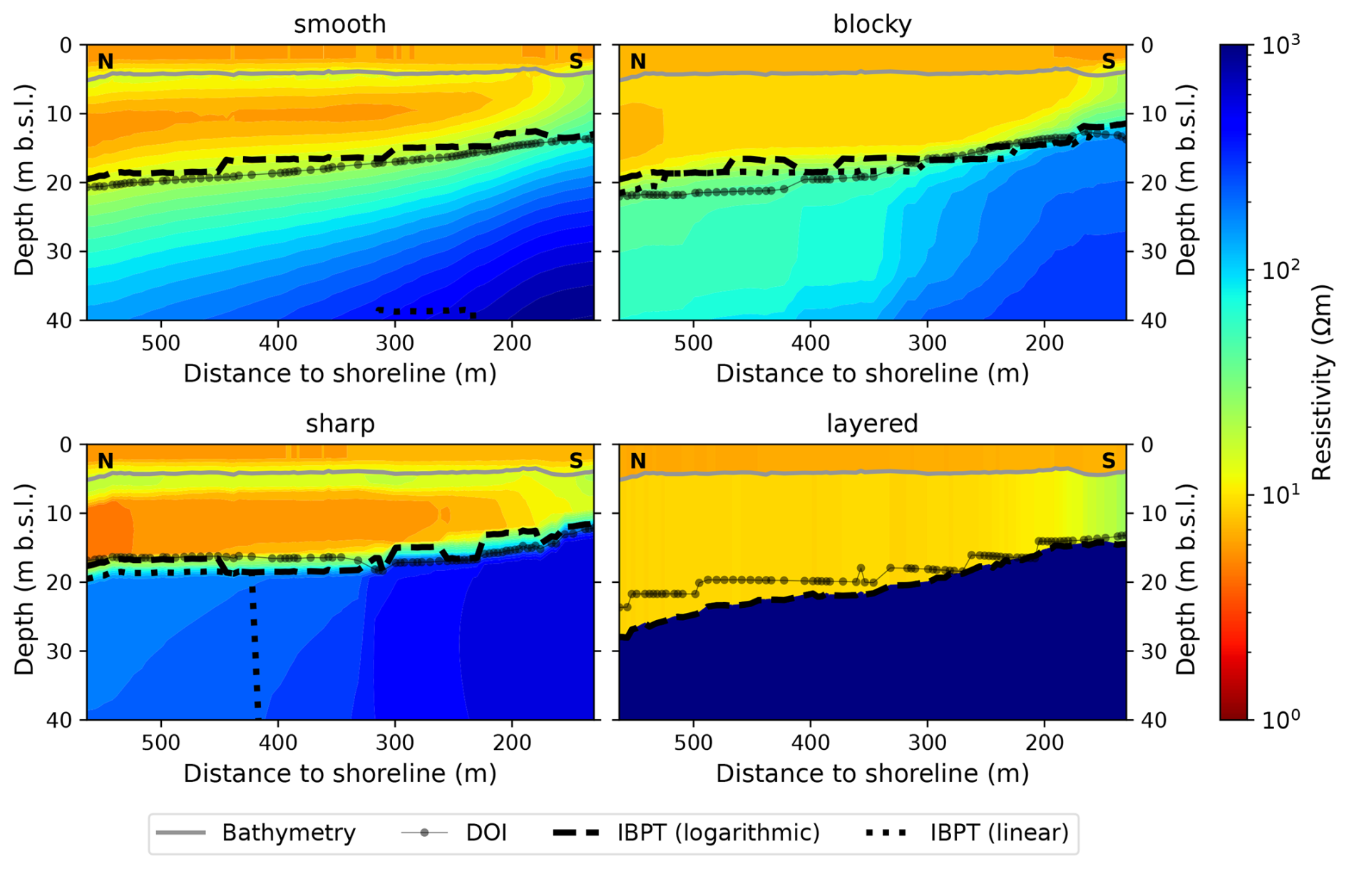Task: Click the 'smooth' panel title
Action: tap(339, 24)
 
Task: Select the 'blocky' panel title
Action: tap(872, 24)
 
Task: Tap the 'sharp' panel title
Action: tap(339, 424)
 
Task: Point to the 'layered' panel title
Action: tap(872, 424)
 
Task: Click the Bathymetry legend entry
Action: tap(288, 833)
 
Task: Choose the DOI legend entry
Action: tap(486, 833)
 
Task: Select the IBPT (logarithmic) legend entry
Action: tap(718, 833)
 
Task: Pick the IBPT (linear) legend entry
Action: tap(999, 833)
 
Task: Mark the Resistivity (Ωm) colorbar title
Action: tap(1322, 382)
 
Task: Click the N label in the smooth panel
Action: tap(106, 62)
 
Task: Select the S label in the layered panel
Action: tap(1108, 462)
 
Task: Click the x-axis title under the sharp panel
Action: tap(339, 773)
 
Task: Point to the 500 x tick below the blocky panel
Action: tap(693, 343)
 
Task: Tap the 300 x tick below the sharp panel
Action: tap(395, 743)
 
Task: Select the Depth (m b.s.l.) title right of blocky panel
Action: tap(1185, 180)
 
